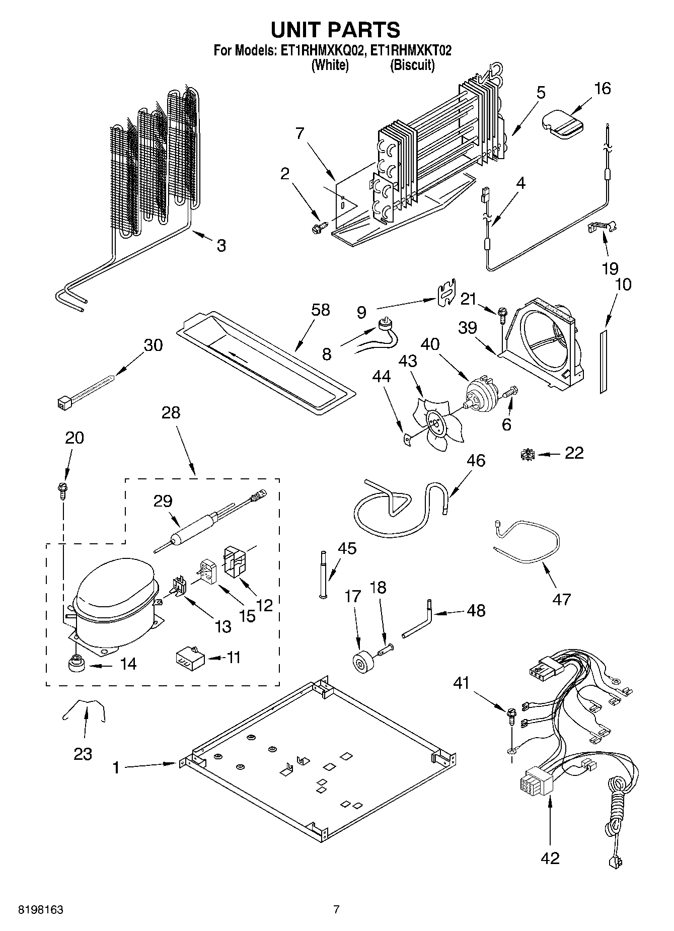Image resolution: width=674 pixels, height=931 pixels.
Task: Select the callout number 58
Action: [320, 310]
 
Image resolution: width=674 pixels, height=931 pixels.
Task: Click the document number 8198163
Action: [40, 910]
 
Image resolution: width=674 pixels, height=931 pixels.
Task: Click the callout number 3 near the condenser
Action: [220, 246]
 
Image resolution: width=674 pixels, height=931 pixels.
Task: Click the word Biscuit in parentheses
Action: [412, 65]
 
